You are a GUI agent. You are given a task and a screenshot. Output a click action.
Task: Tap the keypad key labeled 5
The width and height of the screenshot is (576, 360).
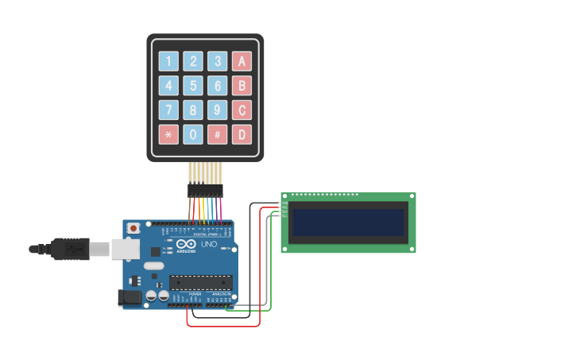[193, 86]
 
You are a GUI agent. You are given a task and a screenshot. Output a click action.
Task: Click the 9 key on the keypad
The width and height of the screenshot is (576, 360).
[218, 110]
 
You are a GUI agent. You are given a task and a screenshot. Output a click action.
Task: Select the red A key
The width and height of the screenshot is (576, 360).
[242, 61]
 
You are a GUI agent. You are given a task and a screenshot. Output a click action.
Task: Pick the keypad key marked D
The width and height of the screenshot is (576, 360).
[242, 134]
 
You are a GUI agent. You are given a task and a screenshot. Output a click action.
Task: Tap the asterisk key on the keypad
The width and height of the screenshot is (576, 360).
[168, 134]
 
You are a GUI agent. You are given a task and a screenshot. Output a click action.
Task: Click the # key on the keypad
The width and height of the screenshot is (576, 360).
[218, 134]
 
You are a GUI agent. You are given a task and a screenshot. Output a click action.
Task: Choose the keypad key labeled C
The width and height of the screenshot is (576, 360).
[242, 110]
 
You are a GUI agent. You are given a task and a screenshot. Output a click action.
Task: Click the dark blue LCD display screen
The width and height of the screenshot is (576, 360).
[348, 223]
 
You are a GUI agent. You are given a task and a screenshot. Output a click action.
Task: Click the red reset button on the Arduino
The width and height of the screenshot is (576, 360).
[133, 228]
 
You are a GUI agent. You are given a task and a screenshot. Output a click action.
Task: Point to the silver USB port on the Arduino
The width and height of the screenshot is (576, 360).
[125, 249]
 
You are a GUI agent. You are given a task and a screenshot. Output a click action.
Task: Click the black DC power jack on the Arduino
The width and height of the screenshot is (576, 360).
[129, 297]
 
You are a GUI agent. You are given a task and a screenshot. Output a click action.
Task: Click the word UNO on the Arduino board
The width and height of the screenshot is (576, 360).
[209, 244]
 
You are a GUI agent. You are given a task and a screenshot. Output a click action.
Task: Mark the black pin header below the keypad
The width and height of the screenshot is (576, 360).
[205, 191]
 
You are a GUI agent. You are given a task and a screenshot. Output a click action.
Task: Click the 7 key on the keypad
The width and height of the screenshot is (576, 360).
[168, 110]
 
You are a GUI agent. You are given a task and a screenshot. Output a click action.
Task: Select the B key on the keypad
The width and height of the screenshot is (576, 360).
[242, 86]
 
